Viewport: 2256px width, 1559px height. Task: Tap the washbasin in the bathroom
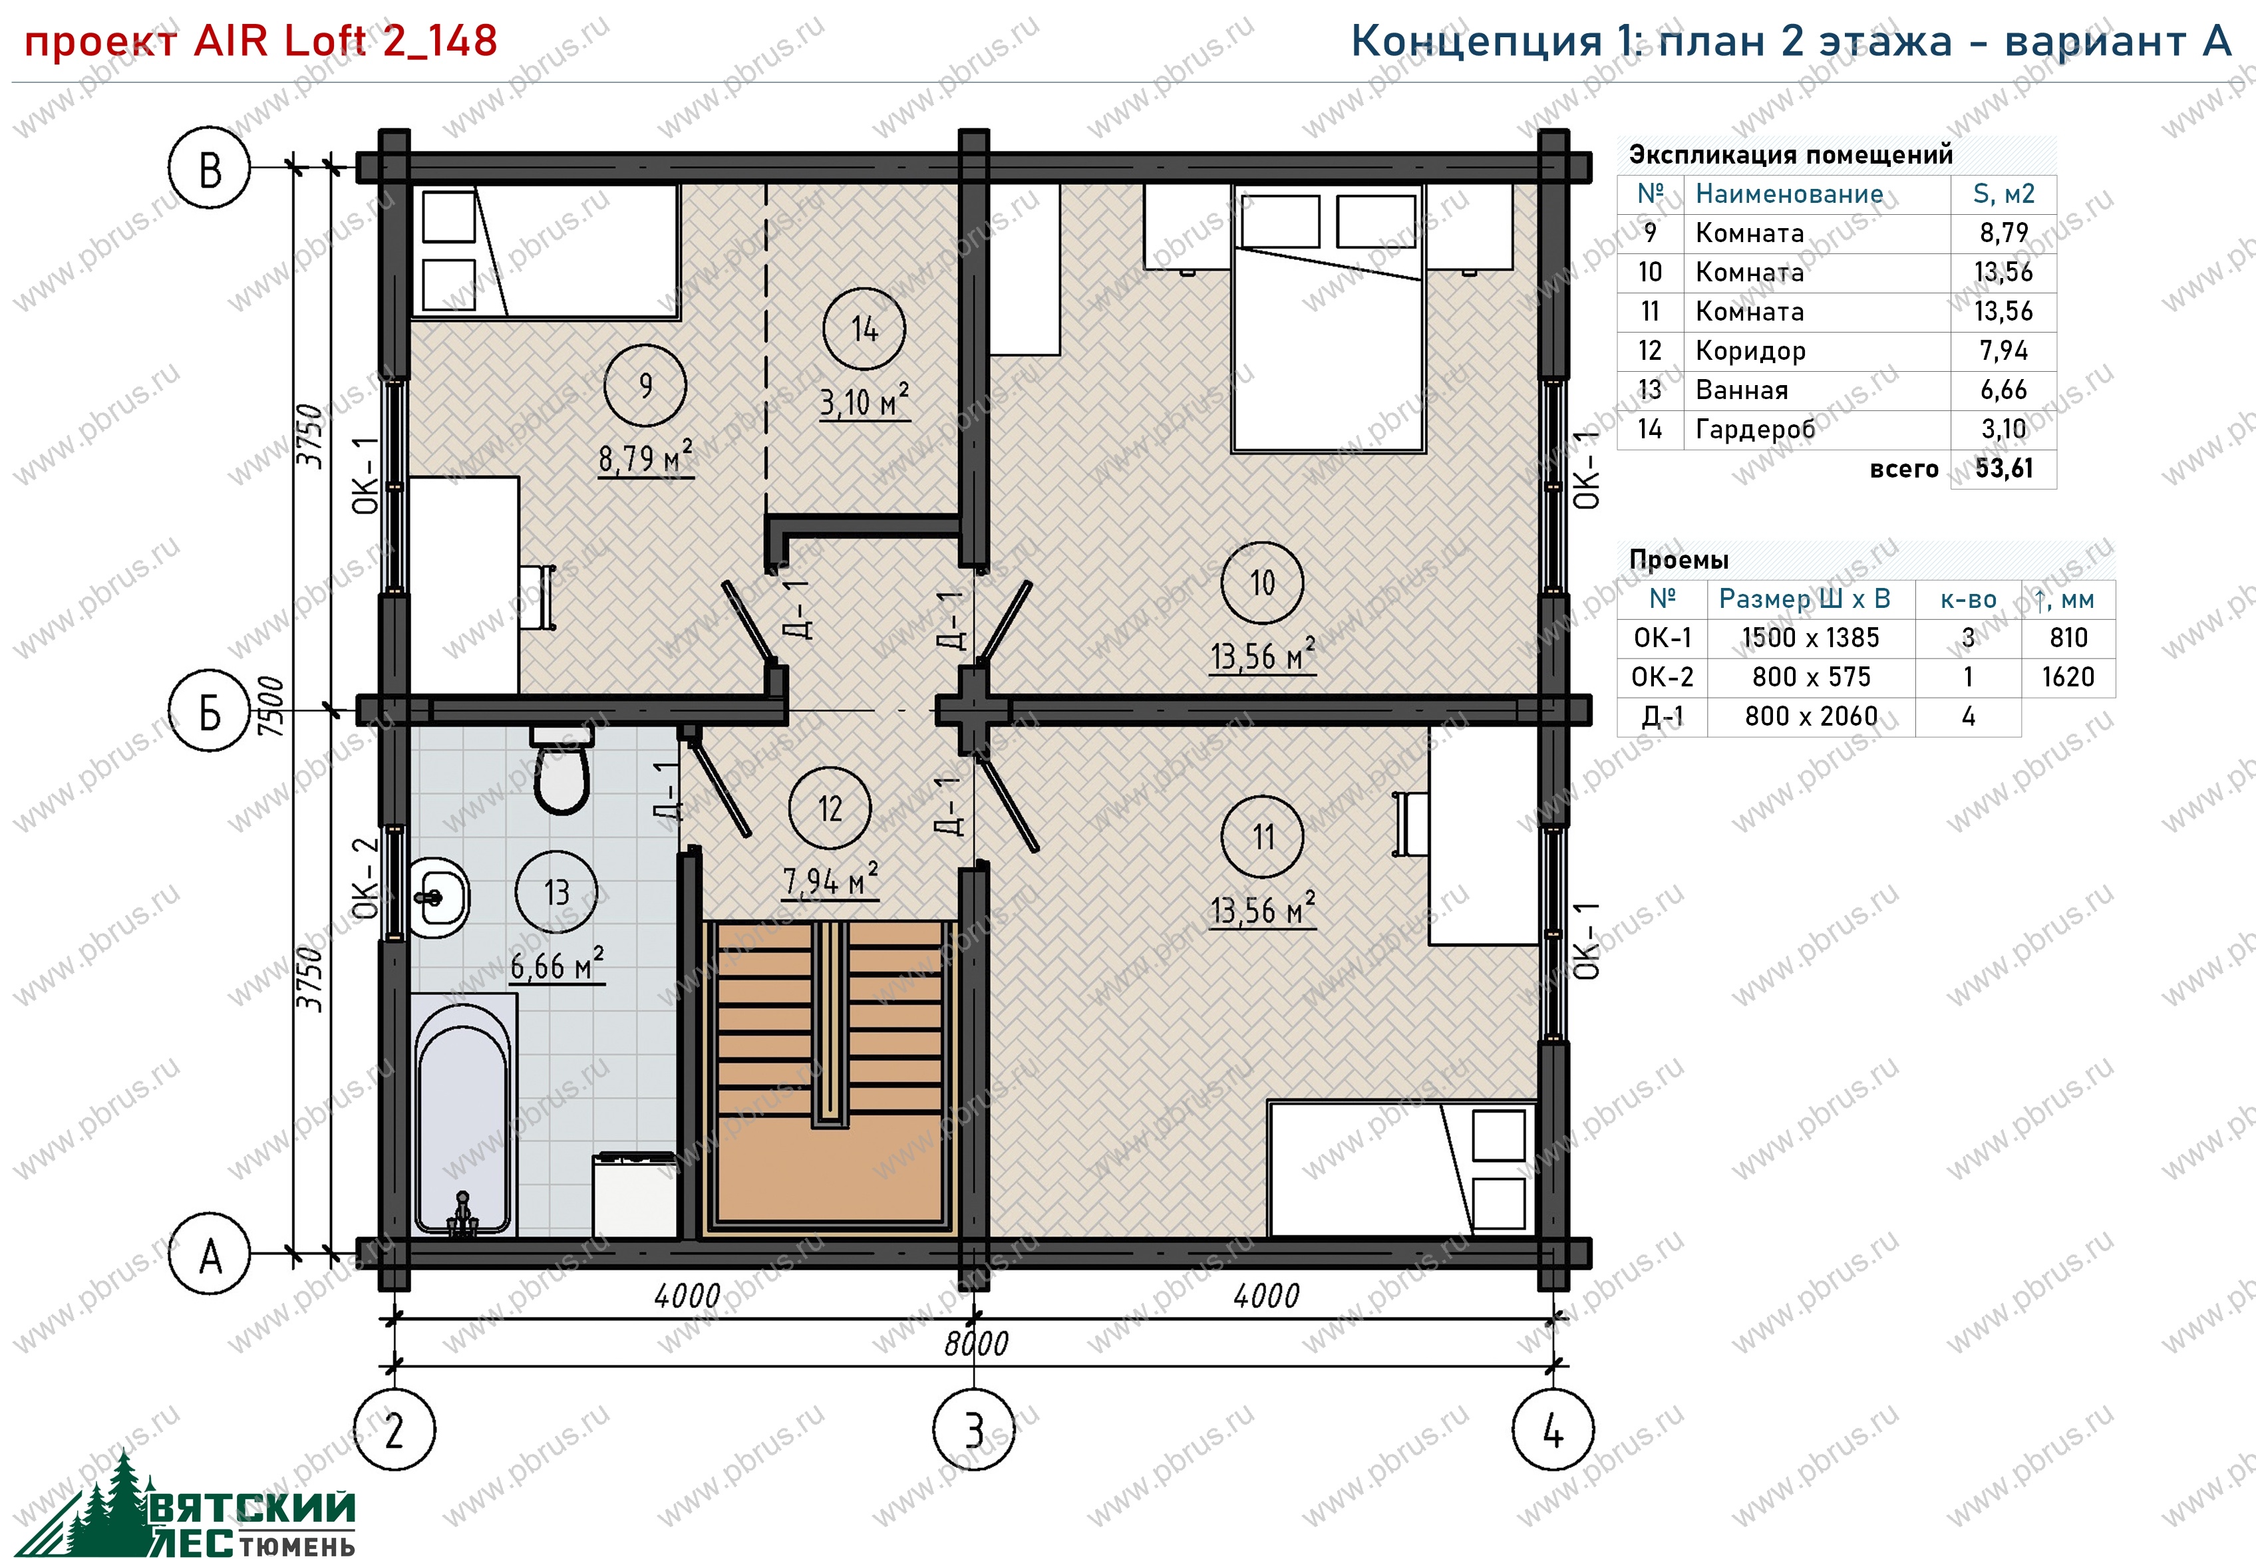click(438, 897)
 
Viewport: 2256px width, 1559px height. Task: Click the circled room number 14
click(864, 329)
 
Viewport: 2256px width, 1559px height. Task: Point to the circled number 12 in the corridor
click(830, 808)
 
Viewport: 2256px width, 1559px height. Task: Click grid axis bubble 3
click(974, 1430)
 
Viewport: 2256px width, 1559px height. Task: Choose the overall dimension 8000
click(976, 1344)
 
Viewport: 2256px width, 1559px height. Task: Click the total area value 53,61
click(2004, 469)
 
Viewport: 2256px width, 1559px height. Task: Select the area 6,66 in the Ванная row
click(2004, 390)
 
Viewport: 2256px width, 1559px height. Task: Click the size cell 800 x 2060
click(1812, 716)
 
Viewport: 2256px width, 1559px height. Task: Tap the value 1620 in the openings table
click(2068, 677)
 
